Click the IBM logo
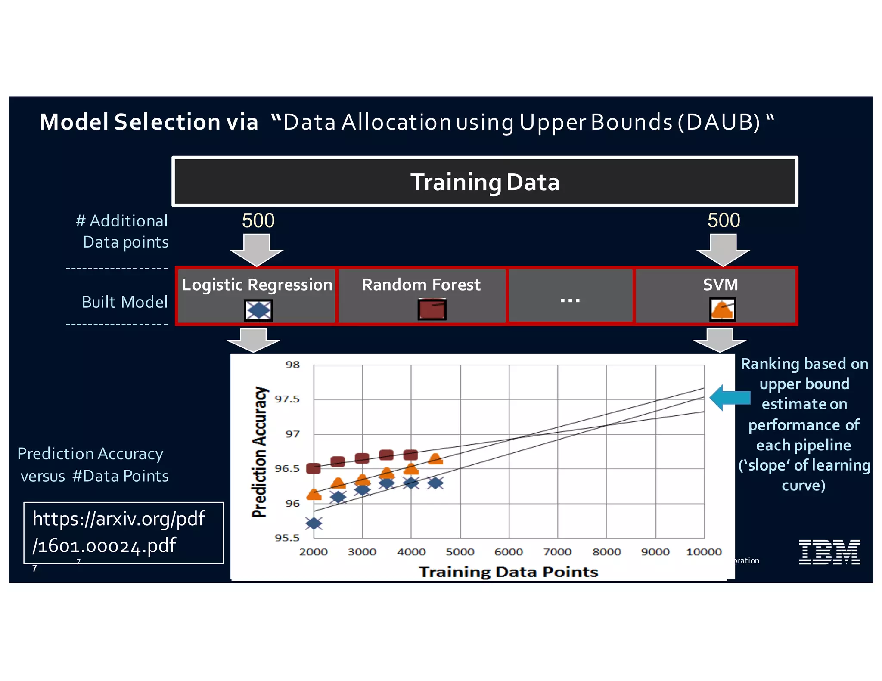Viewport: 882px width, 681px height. point(829,552)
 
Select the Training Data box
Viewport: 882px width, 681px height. point(484,182)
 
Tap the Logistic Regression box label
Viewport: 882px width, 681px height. point(257,285)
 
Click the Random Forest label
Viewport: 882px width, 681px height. point(421,285)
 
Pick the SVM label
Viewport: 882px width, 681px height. point(720,285)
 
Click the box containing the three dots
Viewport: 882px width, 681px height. point(570,296)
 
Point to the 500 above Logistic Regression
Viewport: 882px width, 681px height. point(258,220)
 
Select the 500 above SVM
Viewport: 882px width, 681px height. point(724,220)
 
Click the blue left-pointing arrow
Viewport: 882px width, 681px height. point(730,398)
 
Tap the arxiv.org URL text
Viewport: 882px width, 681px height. point(118,532)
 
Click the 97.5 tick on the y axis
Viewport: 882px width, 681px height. point(287,399)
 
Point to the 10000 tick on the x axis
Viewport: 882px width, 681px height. point(704,552)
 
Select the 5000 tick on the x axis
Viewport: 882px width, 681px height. point(460,552)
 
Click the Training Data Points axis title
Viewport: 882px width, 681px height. point(509,572)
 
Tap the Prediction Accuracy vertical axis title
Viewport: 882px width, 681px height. point(260,452)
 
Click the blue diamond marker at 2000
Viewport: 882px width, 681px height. point(314,523)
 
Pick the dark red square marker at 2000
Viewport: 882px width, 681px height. point(313,468)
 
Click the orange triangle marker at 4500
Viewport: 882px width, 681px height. point(435,459)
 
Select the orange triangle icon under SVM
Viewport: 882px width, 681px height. point(722,310)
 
